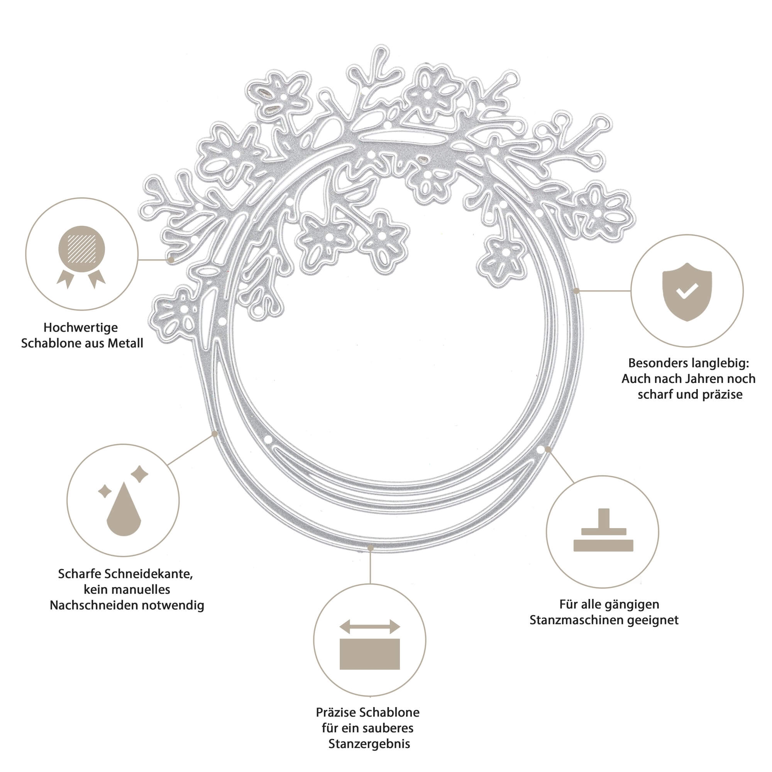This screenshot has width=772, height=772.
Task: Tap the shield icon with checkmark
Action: (687, 292)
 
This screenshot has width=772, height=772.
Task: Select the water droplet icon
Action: (124, 508)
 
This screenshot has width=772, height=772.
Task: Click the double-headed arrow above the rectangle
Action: (370, 626)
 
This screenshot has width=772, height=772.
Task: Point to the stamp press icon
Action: (603, 530)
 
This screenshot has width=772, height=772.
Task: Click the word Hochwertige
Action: (81, 328)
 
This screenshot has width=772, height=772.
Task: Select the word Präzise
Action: (336, 712)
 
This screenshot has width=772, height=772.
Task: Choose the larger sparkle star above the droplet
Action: (139, 474)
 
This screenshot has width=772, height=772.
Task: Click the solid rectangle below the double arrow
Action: (370, 654)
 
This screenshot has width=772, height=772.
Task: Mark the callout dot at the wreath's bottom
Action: (371, 548)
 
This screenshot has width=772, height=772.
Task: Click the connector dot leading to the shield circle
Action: (576, 291)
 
